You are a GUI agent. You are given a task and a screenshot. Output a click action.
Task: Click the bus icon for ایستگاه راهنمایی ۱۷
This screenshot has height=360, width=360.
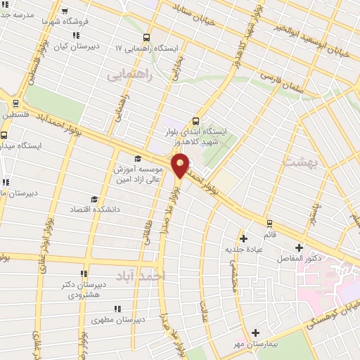[x=146, y=37]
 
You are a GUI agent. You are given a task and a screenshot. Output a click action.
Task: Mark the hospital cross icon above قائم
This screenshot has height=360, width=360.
[x=244, y=238]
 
